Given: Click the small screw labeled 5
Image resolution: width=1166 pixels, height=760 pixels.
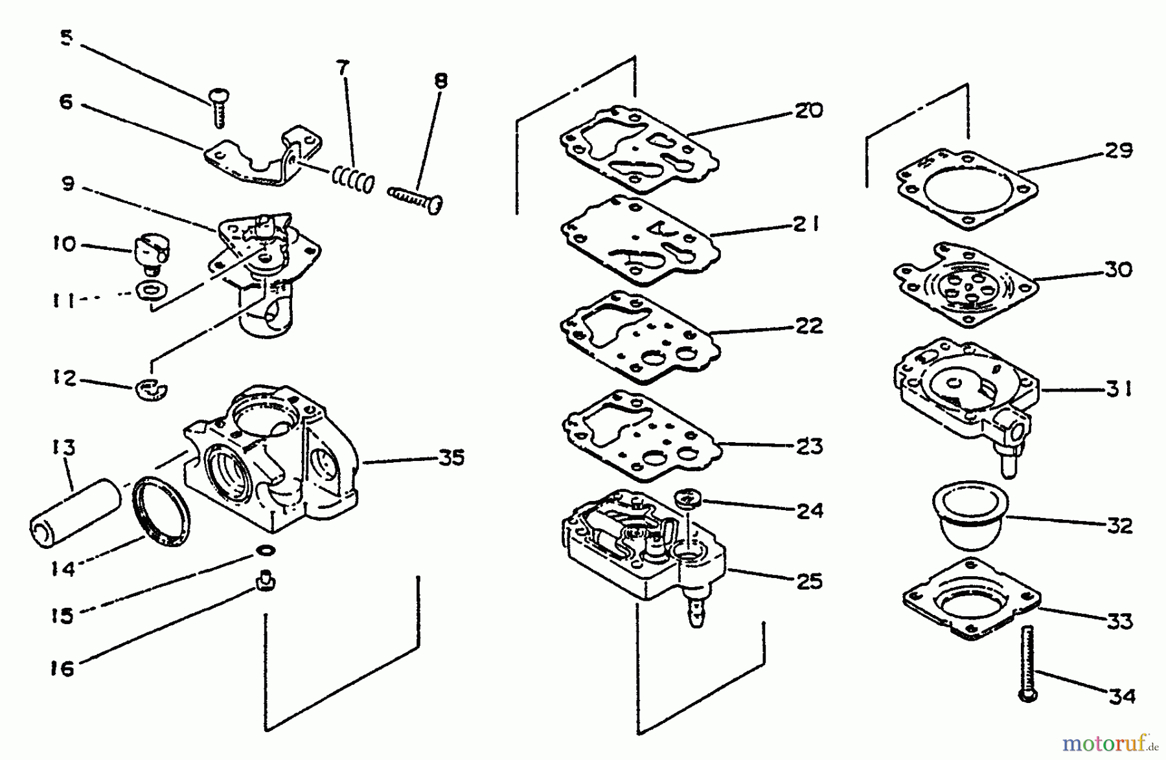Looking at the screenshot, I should click(x=219, y=107).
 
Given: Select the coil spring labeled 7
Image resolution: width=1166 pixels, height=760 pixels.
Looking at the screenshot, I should click(x=353, y=179).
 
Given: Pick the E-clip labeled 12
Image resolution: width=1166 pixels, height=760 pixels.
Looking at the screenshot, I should click(x=152, y=388).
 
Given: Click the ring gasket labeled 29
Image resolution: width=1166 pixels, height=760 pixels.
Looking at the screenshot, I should click(x=966, y=189).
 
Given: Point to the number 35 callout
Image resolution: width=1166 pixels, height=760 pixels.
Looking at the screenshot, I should click(x=452, y=458).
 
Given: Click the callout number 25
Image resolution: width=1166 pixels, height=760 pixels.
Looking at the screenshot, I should click(x=809, y=581).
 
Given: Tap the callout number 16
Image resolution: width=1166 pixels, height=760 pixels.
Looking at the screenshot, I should click(x=63, y=668).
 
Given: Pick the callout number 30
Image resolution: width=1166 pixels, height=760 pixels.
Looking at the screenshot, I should click(x=1118, y=269).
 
